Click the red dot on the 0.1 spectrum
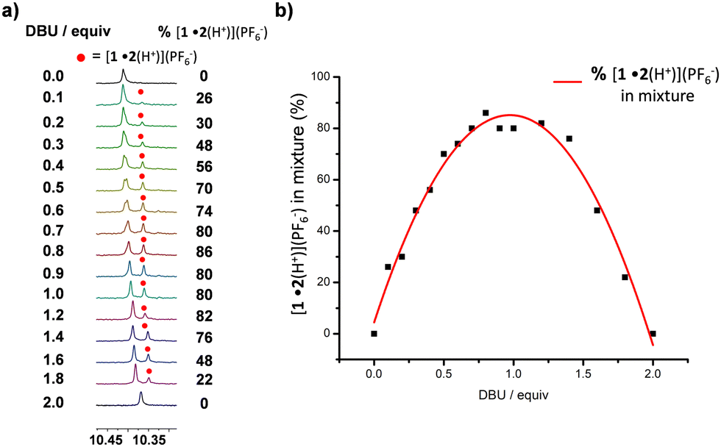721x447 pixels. tap(141, 93)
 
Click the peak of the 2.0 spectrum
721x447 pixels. tap(141, 395)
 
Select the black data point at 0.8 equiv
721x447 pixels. tap(486, 113)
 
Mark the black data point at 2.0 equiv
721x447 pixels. tap(653, 333)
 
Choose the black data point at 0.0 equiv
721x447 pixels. tap(374, 333)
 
